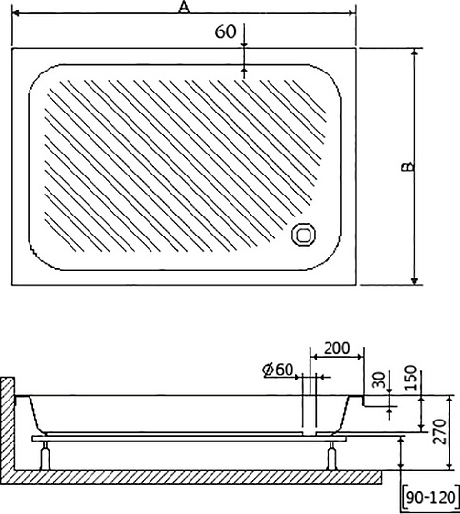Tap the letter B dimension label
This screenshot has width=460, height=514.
pyautogui.click(x=407, y=168)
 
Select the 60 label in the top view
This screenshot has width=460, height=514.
pyautogui.click(x=226, y=31)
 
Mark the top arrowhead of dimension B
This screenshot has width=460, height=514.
pyautogui.click(x=416, y=56)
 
